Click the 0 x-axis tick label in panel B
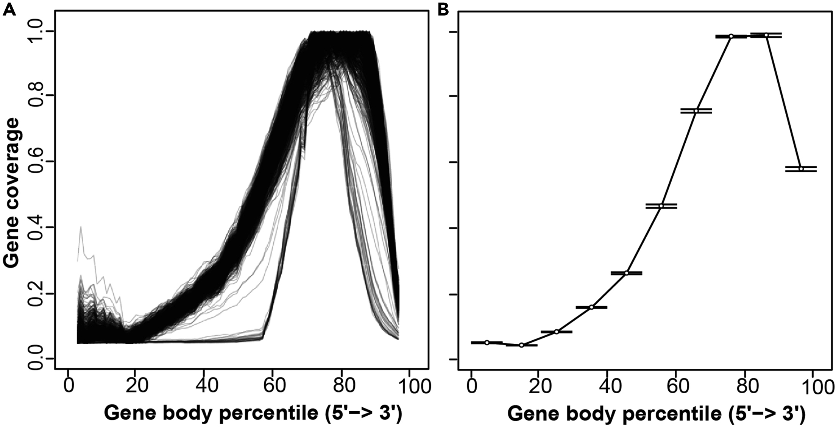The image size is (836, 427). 471,387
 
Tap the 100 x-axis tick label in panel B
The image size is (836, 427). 815,387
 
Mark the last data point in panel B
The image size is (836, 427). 801,169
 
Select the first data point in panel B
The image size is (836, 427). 487,343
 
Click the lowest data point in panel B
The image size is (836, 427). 521,345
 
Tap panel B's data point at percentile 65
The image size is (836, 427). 696,111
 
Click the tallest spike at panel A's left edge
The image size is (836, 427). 81,227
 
